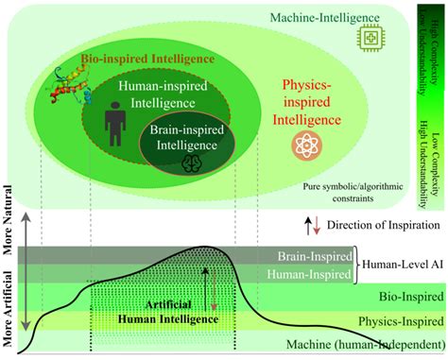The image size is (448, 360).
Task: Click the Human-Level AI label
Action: pos(403,265)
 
